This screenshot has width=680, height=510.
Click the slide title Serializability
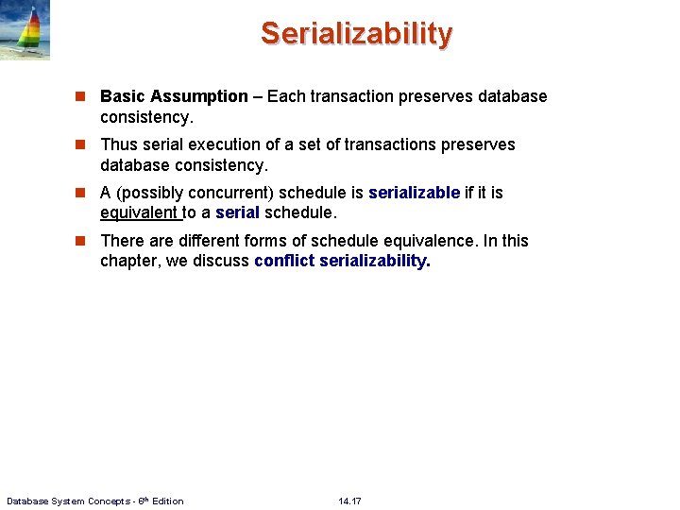click(357, 34)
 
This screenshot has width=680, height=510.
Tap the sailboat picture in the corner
click(25, 30)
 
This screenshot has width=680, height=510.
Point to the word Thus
click(119, 144)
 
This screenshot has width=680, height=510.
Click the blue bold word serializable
click(414, 193)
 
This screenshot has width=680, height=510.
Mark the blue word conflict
click(284, 262)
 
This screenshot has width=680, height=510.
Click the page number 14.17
click(349, 501)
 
